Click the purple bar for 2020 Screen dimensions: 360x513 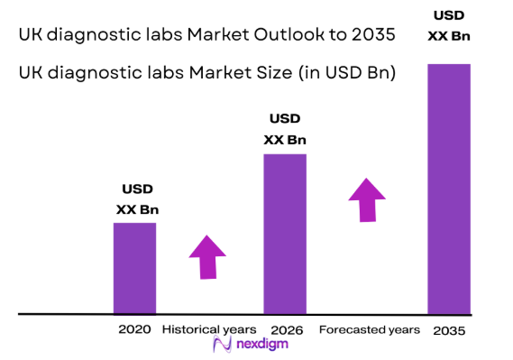(134, 268)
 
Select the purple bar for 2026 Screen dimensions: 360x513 (284, 234)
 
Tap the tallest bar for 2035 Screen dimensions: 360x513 (449, 189)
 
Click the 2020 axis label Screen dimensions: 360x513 (134, 329)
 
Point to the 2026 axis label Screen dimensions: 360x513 (284, 329)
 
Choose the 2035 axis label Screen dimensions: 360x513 (449, 330)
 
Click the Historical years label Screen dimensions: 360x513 (209, 329)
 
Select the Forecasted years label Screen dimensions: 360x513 (370, 329)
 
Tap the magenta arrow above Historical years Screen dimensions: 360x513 (208, 258)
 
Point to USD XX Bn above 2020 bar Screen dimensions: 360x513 (137, 199)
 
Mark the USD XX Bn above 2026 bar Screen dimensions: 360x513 (285, 129)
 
